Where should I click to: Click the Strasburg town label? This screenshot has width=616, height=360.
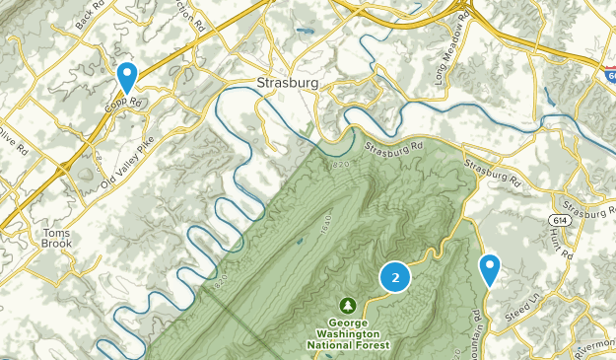[x=287, y=83]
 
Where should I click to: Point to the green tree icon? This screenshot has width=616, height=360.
[x=347, y=305]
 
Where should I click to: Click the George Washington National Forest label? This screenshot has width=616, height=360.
[x=348, y=333]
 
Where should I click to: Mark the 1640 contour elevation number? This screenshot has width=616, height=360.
[x=327, y=224]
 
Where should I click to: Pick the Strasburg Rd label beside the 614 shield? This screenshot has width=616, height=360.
[x=587, y=211]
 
